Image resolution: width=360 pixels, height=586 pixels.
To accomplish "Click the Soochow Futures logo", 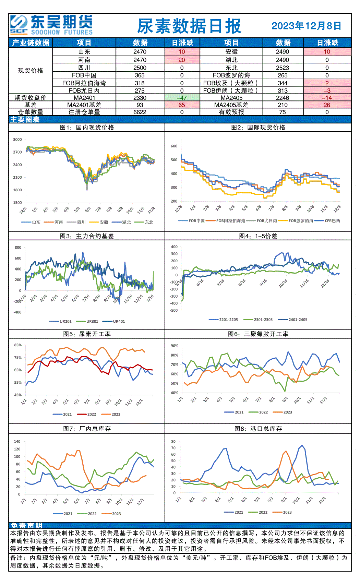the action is click(51, 25).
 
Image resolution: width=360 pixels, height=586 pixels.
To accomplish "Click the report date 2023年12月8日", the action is click(307, 26).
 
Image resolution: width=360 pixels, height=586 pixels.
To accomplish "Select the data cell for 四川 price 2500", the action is click(140, 68).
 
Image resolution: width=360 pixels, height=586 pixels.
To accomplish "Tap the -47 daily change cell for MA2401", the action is click(182, 98).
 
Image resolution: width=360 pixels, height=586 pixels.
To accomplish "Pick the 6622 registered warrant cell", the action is click(140, 112).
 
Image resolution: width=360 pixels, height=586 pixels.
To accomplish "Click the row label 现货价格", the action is click(31, 71).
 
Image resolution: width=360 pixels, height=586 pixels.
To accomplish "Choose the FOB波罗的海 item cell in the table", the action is click(231, 75).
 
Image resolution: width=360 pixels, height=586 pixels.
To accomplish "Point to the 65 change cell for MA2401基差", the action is click(182, 105).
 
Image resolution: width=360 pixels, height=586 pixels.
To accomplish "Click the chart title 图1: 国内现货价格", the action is click(87, 128).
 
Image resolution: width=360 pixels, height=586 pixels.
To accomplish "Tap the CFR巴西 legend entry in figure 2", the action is click(327, 221).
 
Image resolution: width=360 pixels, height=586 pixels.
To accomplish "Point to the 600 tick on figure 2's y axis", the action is click(174, 146).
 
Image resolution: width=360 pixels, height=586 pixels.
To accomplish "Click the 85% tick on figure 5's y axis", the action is click(18, 345).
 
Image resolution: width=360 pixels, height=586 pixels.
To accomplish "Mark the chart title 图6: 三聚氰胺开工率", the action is click(258, 334).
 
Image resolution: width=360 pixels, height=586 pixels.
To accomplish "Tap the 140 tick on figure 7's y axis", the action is click(17, 441).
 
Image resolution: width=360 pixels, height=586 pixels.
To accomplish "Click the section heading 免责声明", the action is click(26, 525).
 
